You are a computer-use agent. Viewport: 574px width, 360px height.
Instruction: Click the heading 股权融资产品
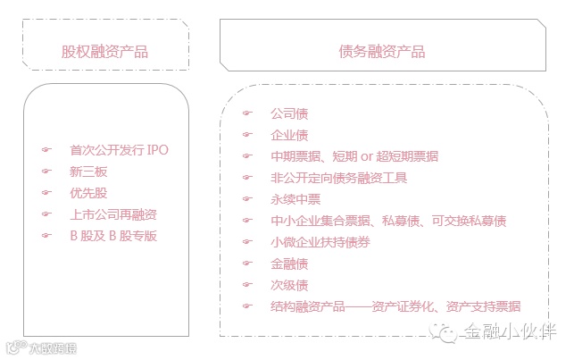pos(104,52)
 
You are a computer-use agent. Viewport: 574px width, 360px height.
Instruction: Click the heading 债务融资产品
pos(383,52)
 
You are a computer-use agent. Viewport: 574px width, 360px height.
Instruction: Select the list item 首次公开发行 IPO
pos(118,149)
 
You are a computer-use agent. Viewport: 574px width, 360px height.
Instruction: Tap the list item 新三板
pos(87,171)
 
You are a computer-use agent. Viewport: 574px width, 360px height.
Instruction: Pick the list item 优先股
pos(87,192)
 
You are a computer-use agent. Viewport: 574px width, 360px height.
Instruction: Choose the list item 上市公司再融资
pos(112,213)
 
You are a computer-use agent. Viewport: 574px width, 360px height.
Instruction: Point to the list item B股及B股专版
pos(112,235)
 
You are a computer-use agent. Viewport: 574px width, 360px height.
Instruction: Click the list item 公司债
pos(288,113)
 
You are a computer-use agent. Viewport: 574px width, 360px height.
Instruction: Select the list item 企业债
pos(288,135)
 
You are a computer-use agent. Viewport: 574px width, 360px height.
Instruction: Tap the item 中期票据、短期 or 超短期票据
pos(354,156)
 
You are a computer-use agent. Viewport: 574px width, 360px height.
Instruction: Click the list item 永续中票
pos(295,199)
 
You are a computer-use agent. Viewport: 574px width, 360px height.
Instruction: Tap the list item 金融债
pos(288,264)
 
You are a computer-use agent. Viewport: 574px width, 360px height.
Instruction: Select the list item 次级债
pos(288,285)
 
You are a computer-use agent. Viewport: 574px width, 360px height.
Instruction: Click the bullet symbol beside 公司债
pos(247,113)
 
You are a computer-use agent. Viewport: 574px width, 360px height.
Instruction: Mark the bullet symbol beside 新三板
pos(47,171)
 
